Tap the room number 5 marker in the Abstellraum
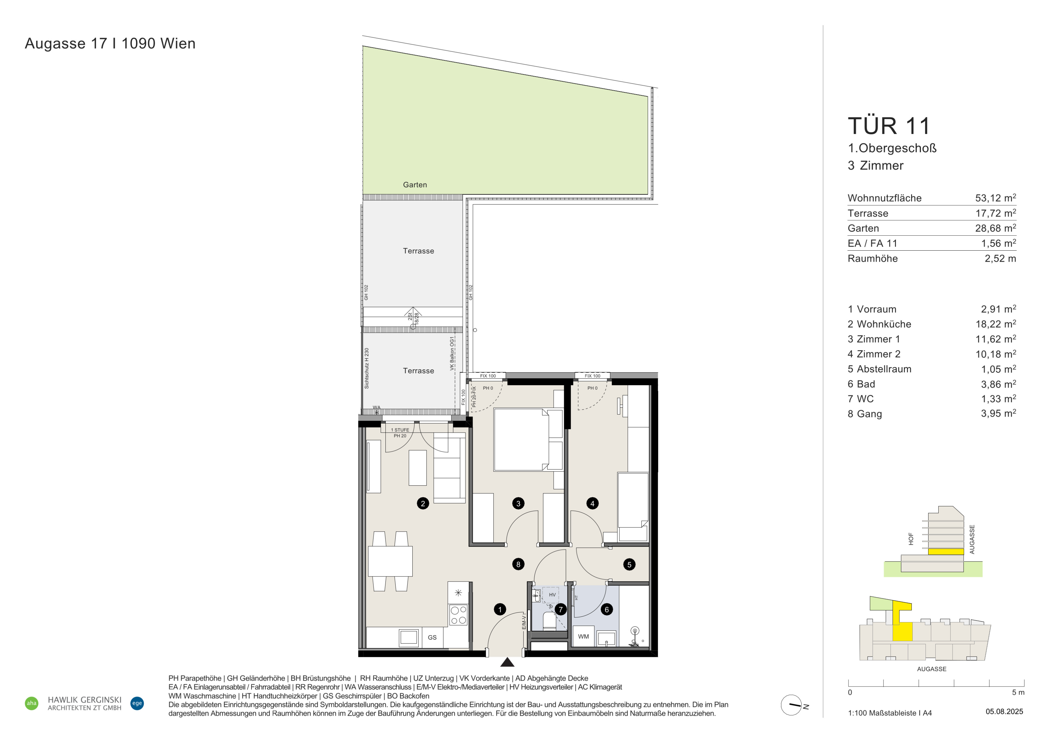629,564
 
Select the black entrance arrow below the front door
507,662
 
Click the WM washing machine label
584,636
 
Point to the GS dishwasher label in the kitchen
432,637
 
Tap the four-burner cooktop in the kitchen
458,615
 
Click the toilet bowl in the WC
549,621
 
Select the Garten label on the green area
415,185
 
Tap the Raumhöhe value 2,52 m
1000,259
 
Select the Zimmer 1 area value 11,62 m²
996,339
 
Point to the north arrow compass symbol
792,705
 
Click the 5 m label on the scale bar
1018,692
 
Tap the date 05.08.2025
1004,711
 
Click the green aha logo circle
31,703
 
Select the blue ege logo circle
137,703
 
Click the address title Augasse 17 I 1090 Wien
110,43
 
